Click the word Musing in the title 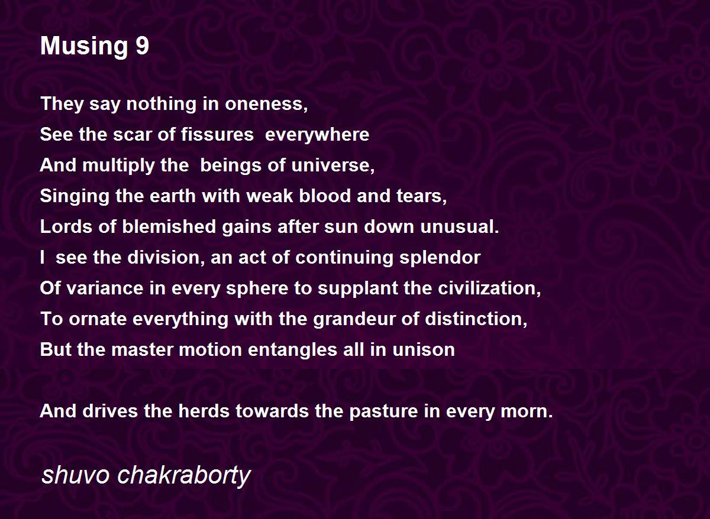84,47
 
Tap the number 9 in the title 143,46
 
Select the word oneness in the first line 266,104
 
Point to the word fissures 218,134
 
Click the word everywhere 317,135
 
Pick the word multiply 119,166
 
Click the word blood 325,196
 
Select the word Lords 66,227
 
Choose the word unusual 460,227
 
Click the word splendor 440,258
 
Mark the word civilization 489,288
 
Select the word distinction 476,319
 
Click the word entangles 292,350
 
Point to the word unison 424,349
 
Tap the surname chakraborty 184,476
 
